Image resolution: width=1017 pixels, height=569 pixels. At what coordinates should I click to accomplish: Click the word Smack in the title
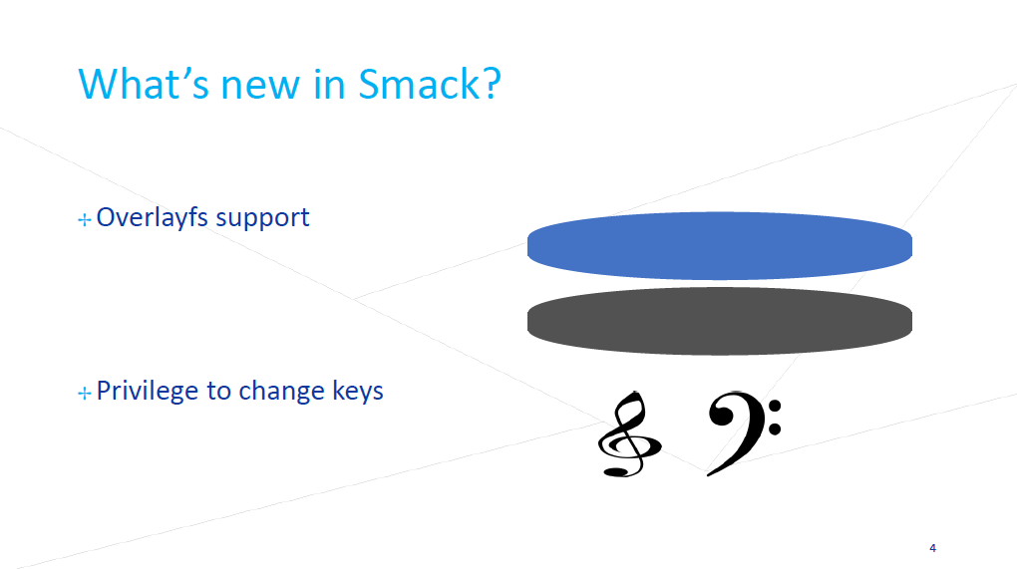pyautogui.click(x=419, y=85)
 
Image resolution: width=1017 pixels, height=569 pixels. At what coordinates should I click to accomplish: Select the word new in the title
pyautogui.click(x=260, y=88)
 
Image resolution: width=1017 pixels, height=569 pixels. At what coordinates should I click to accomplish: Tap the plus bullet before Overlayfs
pyautogui.click(x=85, y=220)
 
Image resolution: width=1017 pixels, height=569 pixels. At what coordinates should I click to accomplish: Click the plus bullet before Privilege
pyautogui.click(x=85, y=393)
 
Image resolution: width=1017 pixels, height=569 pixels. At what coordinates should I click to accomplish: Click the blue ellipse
pyautogui.click(x=720, y=245)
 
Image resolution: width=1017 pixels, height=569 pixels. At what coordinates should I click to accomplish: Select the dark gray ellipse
pyautogui.click(x=720, y=321)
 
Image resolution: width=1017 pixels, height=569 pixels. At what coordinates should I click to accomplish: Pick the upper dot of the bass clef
pyautogui.click(x=775, y=407)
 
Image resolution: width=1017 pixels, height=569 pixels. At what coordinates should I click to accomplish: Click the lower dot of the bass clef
pyautogui.click(x=775, y=428)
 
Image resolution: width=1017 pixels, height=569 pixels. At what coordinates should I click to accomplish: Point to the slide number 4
pyautogui.click(x=932, y=548)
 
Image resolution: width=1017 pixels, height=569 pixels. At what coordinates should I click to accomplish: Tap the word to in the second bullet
pyautogui.click(x=219, y=392)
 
